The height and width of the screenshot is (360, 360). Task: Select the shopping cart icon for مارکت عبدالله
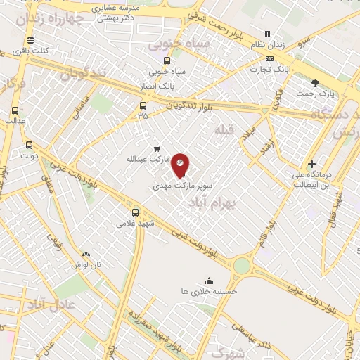[157, 148]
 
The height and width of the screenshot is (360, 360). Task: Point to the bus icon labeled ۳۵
[143, 106]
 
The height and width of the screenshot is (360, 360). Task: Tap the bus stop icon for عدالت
[15, 110]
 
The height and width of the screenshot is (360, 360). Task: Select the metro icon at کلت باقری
[30, 40]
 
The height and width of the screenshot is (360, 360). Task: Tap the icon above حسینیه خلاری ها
[209, 281]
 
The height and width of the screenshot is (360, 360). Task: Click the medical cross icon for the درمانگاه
[311, 164]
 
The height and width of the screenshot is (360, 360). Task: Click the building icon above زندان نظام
[267, 34]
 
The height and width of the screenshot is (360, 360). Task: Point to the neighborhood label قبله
[224, 130]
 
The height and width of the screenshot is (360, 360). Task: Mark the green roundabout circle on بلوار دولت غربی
[241, 266]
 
